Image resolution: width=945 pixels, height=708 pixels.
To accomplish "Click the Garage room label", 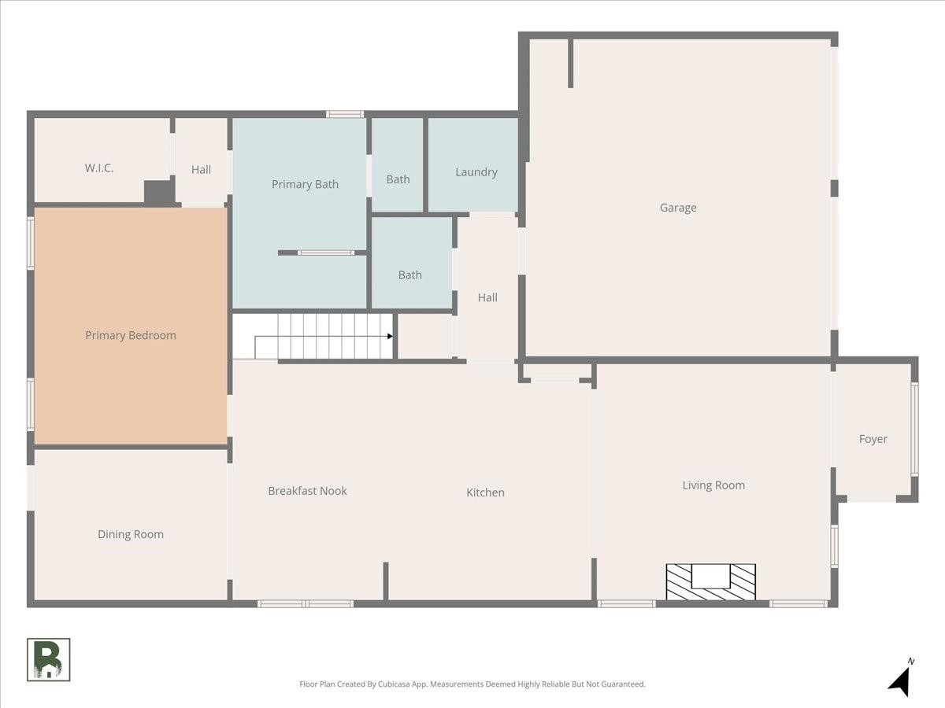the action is pyautogui.click(x=678, y=208).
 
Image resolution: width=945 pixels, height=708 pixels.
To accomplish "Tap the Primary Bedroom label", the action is pyautogui.click(x=131, y=335).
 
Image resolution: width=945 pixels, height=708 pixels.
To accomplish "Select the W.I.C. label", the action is pyautogui.click(x=99, y=168).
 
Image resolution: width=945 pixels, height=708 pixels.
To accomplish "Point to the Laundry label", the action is pyautogui.click(x=476, y=172).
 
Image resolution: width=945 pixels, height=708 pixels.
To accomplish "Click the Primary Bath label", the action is pyautogui.click(x=305, y=184).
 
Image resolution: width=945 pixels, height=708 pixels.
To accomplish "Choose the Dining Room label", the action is pyautogui.click(x=131, y=534).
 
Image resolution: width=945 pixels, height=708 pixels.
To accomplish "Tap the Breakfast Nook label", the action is pyautogui.click(x=307, y=491).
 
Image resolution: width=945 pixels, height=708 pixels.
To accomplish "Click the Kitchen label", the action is pyautogui.click(x=485, y=492).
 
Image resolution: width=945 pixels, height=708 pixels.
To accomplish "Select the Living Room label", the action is pyautogui.click(x=713, y=485).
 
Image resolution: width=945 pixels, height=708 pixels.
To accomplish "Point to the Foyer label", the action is pyautogui.click(x=873, y=439).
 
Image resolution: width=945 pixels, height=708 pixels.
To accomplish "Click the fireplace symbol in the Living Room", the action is pyautogui.click(x=710, y=581).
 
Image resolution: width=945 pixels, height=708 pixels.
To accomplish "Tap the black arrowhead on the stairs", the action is pyautogui.click(x=390, y=336).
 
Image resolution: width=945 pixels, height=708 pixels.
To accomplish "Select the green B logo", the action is pyautogui.click(x=48, y=660).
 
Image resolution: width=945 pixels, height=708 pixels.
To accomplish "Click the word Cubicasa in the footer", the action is pyautogui.click(x=394, y=684).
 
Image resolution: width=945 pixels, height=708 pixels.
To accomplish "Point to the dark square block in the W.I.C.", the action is pyautogui.click(x=159, y=192).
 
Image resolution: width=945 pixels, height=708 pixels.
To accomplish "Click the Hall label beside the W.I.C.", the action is pyautogui.click(x=201, y=170).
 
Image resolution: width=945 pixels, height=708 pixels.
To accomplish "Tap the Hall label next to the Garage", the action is pyautogui.click(x=487, y=297).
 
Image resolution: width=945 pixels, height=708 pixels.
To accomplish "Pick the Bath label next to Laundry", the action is pyautogui.click(x=398, y=179).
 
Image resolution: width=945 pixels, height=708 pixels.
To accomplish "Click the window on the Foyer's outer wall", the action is pyautogui.click(x=914, y=429).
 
